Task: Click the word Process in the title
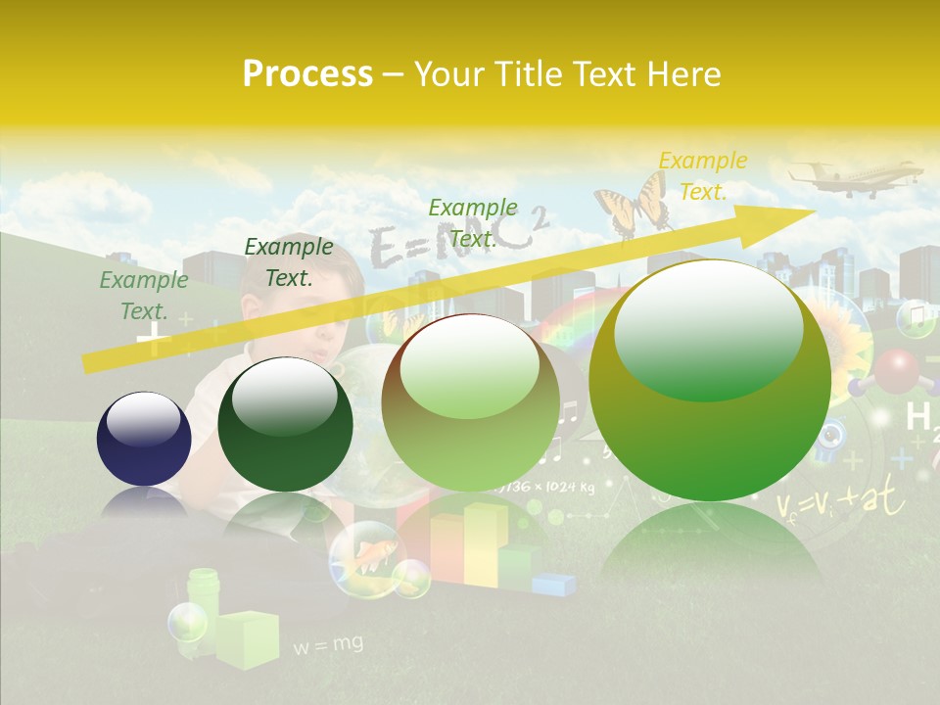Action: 307,74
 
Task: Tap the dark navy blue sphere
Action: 144,439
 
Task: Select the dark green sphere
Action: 285,424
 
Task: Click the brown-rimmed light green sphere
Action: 470,402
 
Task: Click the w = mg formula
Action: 328,644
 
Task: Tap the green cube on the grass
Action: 247,638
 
